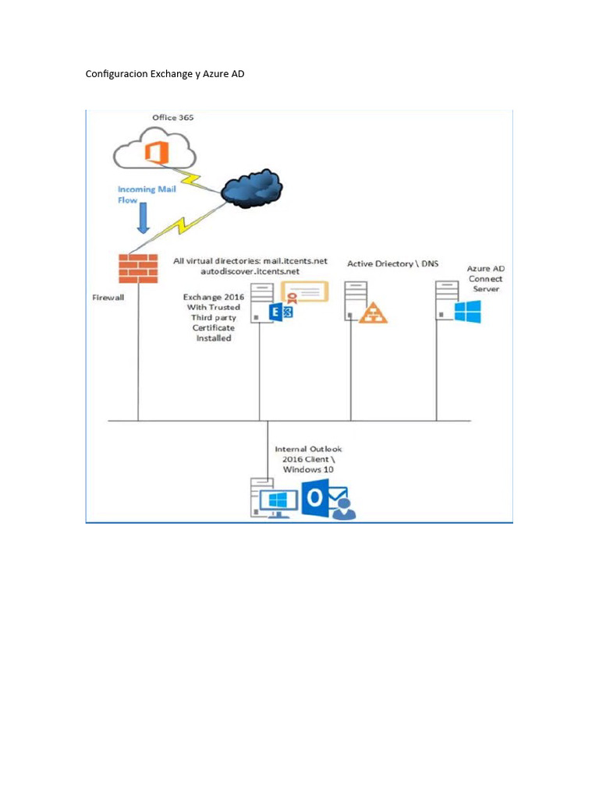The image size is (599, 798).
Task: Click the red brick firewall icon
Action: pyautogui.click(x=138, y=268)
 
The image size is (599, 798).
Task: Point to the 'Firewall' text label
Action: pyautogui.click(x=110, y=297)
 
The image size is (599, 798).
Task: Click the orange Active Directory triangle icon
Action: pyautogui.click(x=372, y=312)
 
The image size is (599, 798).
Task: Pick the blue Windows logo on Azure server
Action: pyautogui.click(x=467, y=312)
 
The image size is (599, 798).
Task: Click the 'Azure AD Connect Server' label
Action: pyautogui.click(x=485, y=278)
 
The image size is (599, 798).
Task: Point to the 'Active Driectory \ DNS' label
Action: pyautogui.click(x=392, y=263)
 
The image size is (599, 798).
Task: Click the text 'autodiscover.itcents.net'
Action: pyautogui.click(x=244, y=271)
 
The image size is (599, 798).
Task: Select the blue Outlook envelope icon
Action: pyautogui.click(x=324, y=500)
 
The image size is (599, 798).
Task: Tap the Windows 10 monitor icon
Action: pyautogui.click(x=278, y=502)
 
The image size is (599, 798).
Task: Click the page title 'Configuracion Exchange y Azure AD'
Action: pyautogui.click(x=165, y=74)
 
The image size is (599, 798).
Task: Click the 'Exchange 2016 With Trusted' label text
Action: pyautogui.click(x=212, y=302)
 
